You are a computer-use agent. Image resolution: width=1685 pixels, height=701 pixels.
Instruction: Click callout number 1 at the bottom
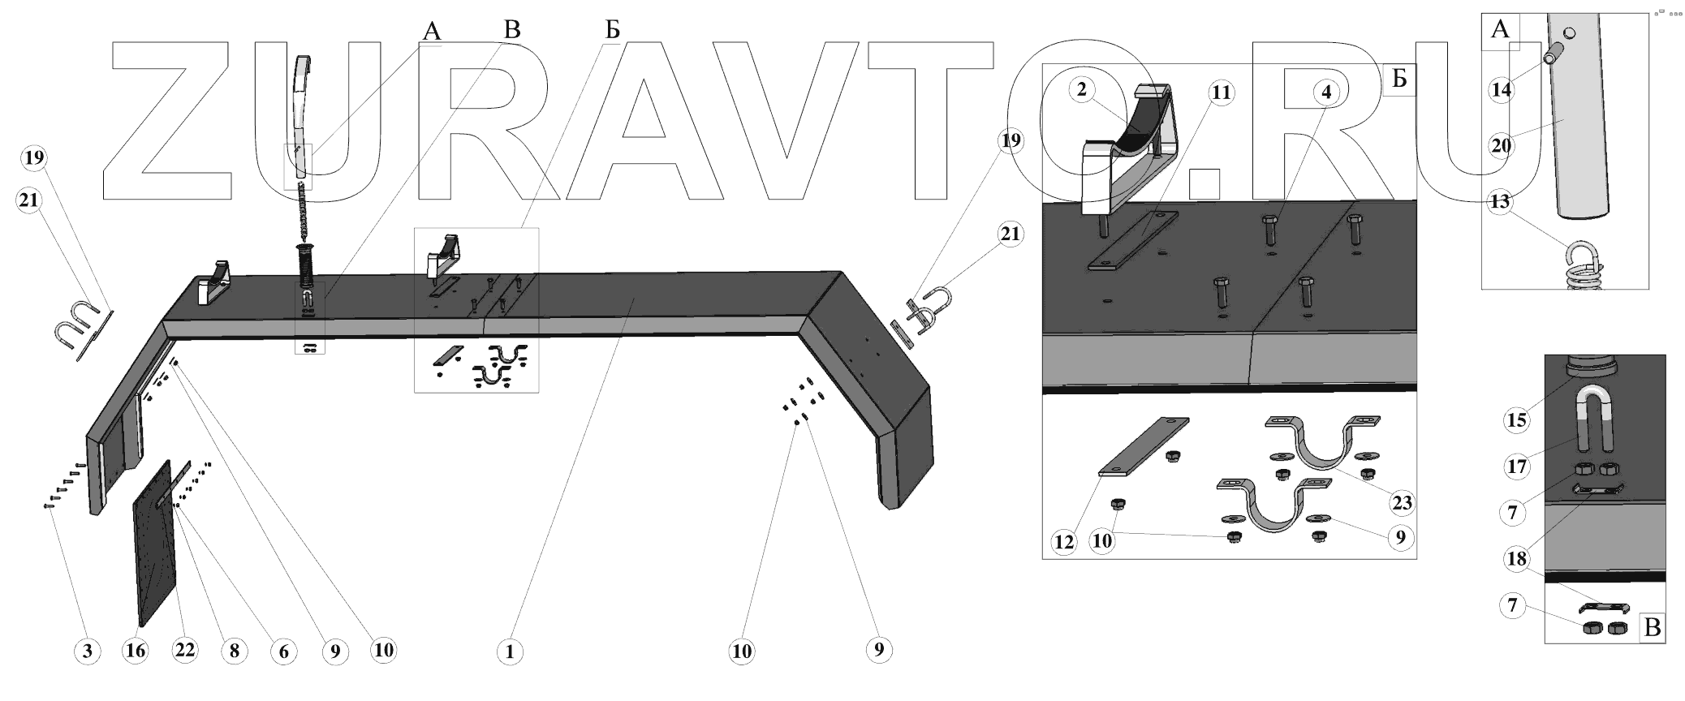pyautogui.click(x=510, y=652)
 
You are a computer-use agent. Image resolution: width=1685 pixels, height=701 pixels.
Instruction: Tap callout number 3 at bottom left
pyautogui.click(x=88, y=651)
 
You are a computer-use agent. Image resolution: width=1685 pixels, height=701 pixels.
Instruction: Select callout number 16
pyautogui.click(x=136, y=651)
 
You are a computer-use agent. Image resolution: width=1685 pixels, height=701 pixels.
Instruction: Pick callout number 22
pyautogui.click(x=185, y=651)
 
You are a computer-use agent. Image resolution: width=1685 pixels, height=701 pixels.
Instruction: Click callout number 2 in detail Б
pyautogui.click(x=1082, y=89)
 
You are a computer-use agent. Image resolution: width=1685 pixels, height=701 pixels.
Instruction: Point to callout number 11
pyautogui.click(x=1221, y=93)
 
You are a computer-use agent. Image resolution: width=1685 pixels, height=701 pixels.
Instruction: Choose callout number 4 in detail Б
pyautogui.click(x=1325, y=92)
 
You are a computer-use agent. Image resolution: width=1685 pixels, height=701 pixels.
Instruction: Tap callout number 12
pyautogui.click(x=1064, y=541)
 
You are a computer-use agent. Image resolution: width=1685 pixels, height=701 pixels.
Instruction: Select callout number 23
pyautogui.click(x=1402, y=503)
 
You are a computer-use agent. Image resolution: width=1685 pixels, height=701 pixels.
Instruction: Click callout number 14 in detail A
pyautogui.click(x=1502, y=89)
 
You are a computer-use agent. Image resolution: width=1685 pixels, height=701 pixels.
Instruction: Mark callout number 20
pyautogui.click(x=1502, y=146)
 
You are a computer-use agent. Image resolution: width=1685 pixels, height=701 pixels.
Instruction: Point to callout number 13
pyautogui.click(x=1500, y=200)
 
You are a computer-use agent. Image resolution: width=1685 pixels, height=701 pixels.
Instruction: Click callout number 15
pyautogui.click(x=1517, y=420)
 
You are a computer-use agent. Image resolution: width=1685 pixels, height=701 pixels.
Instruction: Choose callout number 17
pyautogui.click(x=1517, y=467)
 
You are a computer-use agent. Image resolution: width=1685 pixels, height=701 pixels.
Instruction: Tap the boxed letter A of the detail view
pyautogui.click(x=1500, y=31)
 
